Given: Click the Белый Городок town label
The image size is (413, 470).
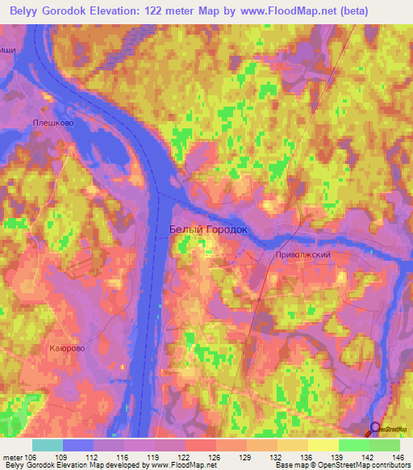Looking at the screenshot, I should click(x=207, y=230).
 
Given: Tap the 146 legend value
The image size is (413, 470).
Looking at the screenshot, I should click(x=398, y=456).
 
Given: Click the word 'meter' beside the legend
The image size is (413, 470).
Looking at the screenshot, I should click(x=13, y=456).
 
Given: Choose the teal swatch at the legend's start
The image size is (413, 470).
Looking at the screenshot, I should click(x=48, y=445).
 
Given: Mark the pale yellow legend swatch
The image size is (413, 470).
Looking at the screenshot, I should click(x=323, y=445).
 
